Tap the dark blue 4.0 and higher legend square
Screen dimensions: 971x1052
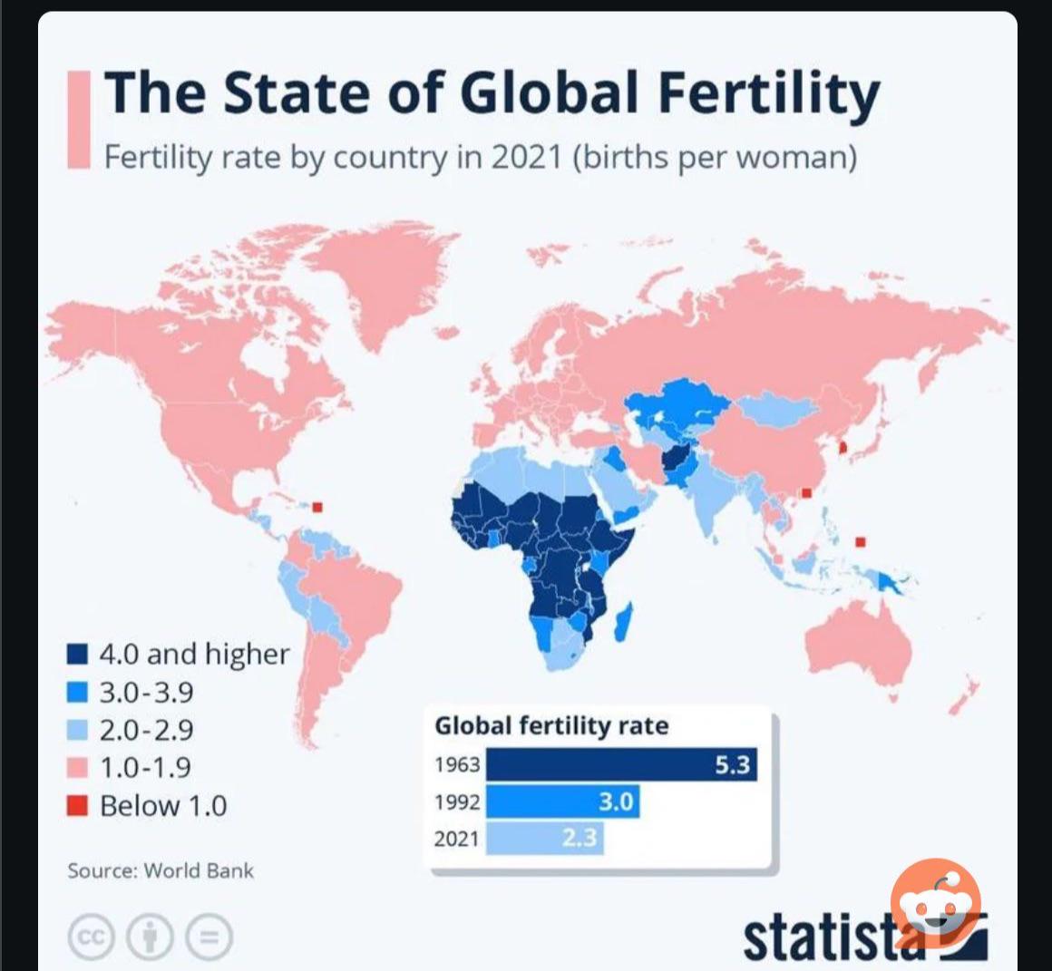coord(78,654)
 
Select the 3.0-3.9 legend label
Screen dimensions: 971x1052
coord(146,693)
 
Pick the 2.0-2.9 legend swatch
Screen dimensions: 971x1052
coord(78,730)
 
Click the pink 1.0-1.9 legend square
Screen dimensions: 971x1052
coord(78,768)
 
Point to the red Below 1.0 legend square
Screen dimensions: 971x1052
coord(78,805)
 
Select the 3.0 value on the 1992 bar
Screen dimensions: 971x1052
coord(616,801)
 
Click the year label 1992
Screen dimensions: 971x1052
coord(456,802)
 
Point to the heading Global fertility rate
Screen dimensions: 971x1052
coord(551,726)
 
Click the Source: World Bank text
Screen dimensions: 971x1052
coord(161,871)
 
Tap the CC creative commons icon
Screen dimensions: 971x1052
coord(90,937)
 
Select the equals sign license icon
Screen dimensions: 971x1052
coord(209,937)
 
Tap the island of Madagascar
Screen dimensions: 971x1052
coord(623,624)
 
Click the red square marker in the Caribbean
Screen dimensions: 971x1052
coord(317,507)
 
